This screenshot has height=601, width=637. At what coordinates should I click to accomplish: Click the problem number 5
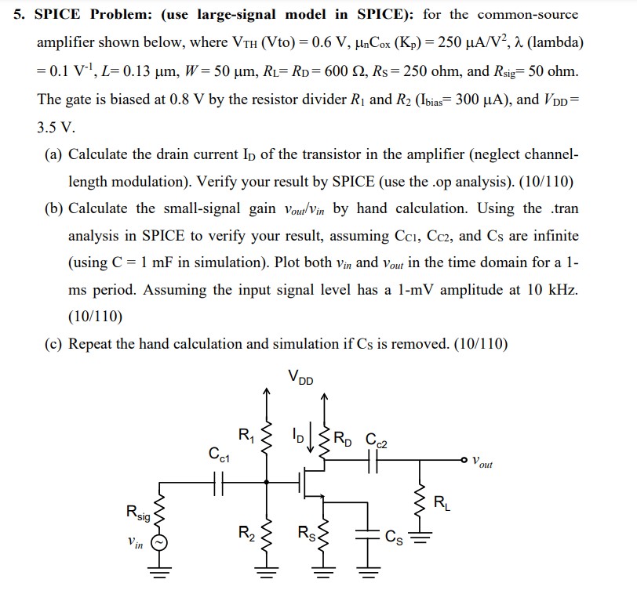(19, 16)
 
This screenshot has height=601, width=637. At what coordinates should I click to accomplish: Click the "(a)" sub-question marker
(55, 154)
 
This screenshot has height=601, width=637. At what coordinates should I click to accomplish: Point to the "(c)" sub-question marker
(55, 344)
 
